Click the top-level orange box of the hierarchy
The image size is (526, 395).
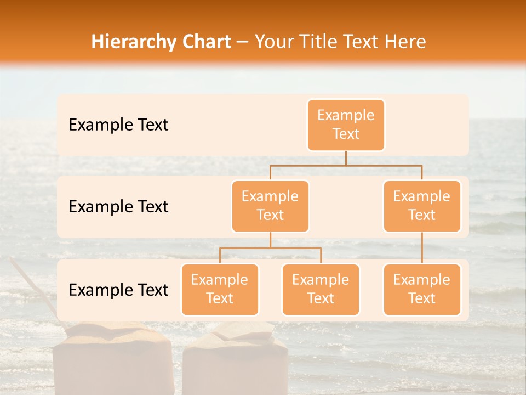pos(346,125)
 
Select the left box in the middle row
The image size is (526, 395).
pos(270,206)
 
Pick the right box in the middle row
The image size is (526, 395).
pos(422,206)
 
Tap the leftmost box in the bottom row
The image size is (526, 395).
pos(220,289)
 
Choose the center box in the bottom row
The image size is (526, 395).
pos(321,289)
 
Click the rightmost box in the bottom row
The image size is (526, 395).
pos(422,289)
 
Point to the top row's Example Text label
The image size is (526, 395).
pos(118,125)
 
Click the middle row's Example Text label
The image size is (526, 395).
pos(118,207)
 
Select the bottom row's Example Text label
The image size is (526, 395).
pos(118,290)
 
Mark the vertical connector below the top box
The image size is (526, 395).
pos(346,158)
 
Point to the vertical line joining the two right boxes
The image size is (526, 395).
pos(422,248)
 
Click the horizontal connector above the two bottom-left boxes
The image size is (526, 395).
pos(270,248)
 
